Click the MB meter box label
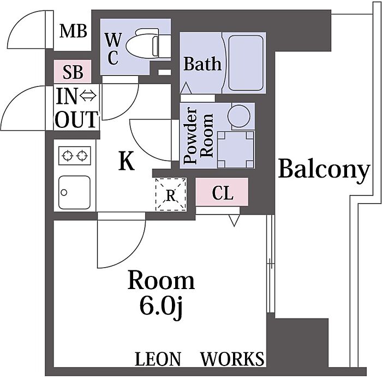point(73,32)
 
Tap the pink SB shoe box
point(73,72)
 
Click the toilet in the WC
point(148,43)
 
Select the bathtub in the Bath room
point(246,63)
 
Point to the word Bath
point(202,63)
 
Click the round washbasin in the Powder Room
point(241,116)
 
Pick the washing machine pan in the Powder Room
point(236,150)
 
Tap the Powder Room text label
point(198,136)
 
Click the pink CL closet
point(222,192)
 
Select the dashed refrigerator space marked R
point(171,195)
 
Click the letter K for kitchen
point(127,161)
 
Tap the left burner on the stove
point(68,155)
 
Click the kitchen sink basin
point(75,192)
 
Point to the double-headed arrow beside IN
point(88,96)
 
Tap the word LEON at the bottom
point(158,359)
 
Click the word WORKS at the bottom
point(232,359)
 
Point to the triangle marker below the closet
point(234,220)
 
